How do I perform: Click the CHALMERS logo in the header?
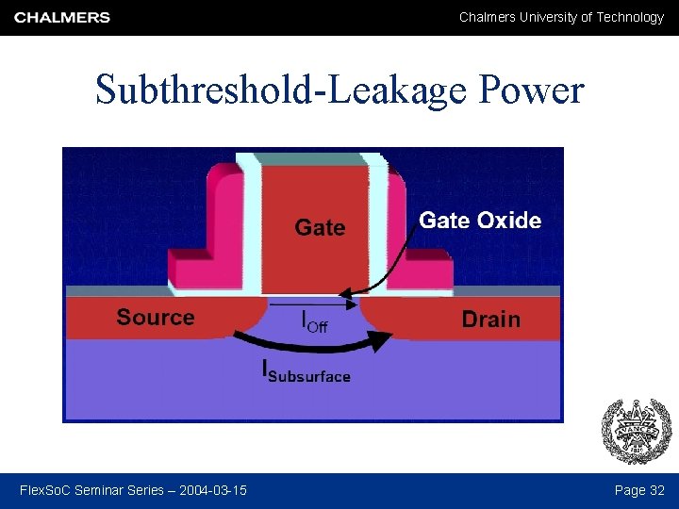(x=62, y=17)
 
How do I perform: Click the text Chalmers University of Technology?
(x=561, y=17)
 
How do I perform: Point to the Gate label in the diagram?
(x=320, y=227)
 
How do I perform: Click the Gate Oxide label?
(x=480, y=221)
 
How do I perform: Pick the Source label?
(x=156, y=318)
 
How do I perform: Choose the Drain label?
(x=490, y=320)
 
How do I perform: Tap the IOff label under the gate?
(x=314, y=322)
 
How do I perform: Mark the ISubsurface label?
(x=306, y=372)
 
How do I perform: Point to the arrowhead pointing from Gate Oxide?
(x=344, y=294)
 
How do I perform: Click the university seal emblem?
(x=637, y=431)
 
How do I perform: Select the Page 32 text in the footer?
(x=639, y=490)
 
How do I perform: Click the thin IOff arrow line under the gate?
(x=302, y=304)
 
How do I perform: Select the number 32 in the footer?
(x=657, y=490)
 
